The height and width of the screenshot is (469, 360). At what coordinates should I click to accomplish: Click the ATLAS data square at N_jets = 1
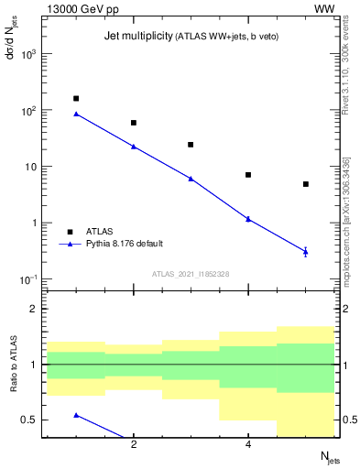click(x=76, y=98)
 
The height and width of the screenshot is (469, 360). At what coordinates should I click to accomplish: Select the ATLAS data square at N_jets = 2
click(x=134, y=123)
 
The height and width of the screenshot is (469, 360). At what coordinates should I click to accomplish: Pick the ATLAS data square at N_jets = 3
click(x=191, y=145)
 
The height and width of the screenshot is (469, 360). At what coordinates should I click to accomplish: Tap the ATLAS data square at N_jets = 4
click(x=248, y=175)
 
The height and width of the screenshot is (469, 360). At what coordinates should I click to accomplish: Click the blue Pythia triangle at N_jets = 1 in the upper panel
click(x=76, y=114)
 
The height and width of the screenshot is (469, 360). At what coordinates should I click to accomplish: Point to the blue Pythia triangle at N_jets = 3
click(x=191, y=179)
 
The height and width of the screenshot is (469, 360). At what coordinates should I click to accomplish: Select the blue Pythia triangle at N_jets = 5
click(x=306, y=251)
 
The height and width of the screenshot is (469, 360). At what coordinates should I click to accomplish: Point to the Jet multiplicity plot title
click(x=186, y=37)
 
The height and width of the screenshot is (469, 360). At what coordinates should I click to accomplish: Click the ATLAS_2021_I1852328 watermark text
click(x=190, y=274)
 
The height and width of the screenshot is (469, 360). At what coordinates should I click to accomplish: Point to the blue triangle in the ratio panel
click(x=76, y=415)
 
